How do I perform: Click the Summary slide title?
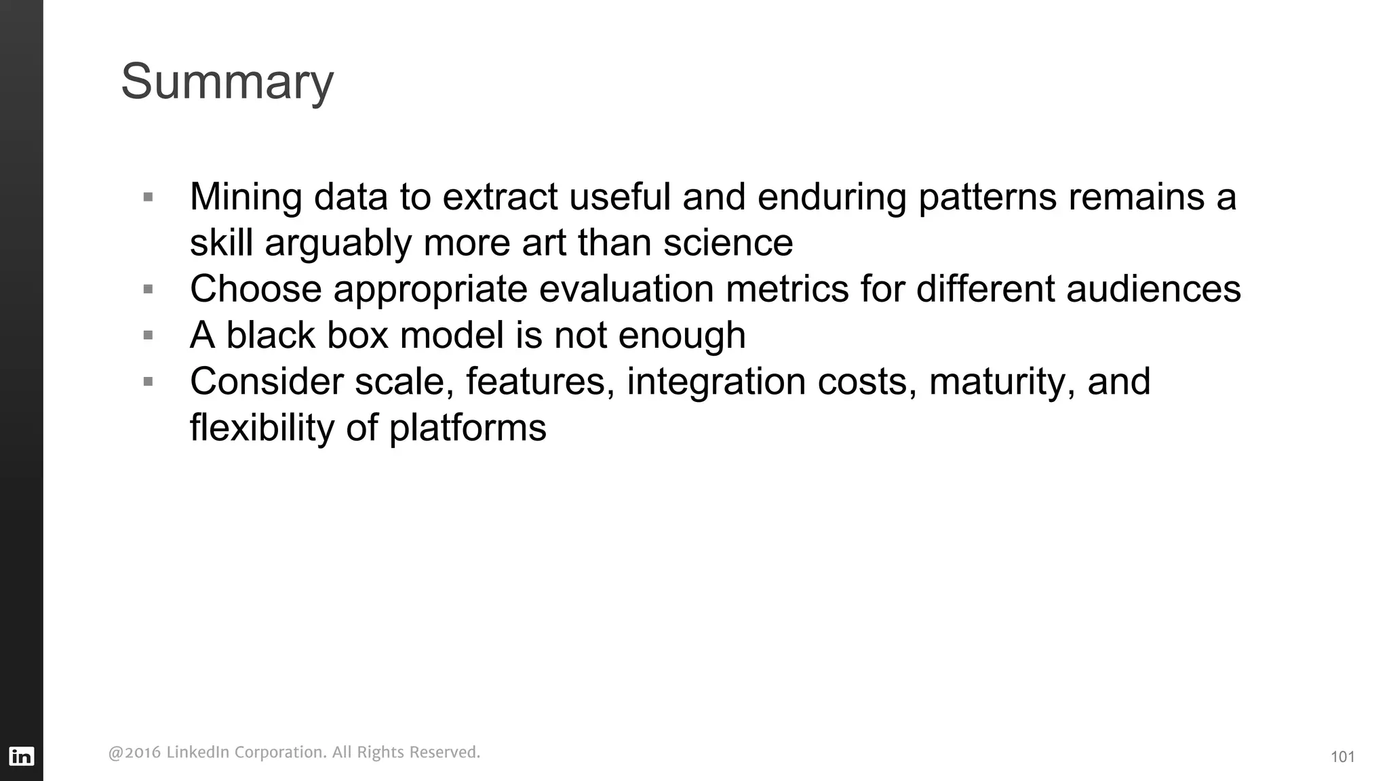pos(227,82)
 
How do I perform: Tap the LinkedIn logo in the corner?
pos(21,756)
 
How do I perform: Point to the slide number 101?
pos(1342,757)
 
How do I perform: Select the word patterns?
pos(987,197)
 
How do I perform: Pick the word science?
pos(728,243)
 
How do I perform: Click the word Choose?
pos(256,289)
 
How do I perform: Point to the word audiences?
pos(1153,289)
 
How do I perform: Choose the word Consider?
pos(267,382)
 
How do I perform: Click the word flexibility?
pos(262,428)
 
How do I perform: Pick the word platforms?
pos(467,428)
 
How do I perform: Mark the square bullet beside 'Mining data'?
pos(149,198)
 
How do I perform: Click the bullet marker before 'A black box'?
pos(149,336)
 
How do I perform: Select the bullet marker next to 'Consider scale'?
pos(149,382)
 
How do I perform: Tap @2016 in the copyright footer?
pos(134,753)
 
